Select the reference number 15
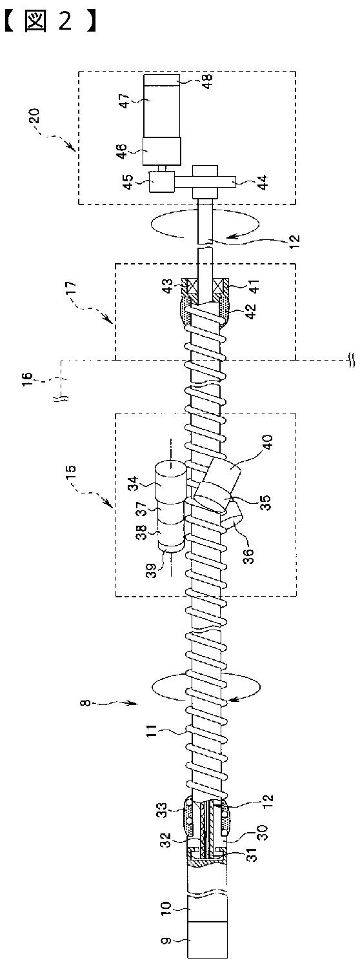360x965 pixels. pos(72,473)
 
